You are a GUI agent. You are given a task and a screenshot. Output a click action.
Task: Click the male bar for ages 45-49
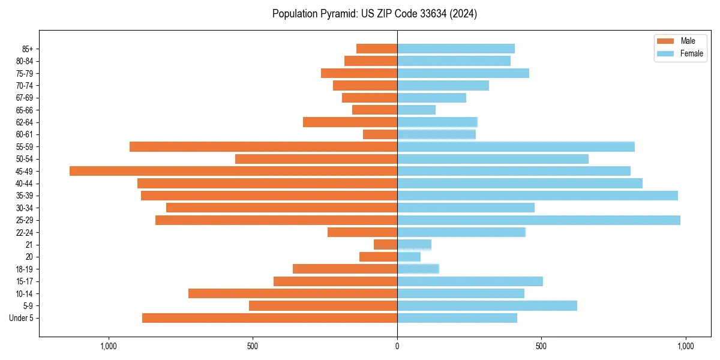point(233,171)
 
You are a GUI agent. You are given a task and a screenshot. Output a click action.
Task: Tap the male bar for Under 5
point(269,318)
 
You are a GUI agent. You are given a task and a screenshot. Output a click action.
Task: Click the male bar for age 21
point(385,244)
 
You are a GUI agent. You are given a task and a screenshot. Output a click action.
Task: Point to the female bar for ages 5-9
point(487,306)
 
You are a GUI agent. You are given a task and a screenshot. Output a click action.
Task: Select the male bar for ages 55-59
point(263,146)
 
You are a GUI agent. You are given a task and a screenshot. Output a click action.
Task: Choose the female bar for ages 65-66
point(416,110)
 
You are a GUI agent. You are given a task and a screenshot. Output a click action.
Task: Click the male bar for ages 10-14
point(293,293)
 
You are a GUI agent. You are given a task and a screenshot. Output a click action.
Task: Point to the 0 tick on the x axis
point(397,346)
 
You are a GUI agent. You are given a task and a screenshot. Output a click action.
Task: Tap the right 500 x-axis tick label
point(541,346)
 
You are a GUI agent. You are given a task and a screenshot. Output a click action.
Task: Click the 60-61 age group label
point(25,134)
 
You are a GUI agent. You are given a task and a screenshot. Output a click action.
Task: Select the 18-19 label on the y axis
point(25,269)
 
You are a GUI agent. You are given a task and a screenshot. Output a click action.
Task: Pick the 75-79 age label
point(25,73)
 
